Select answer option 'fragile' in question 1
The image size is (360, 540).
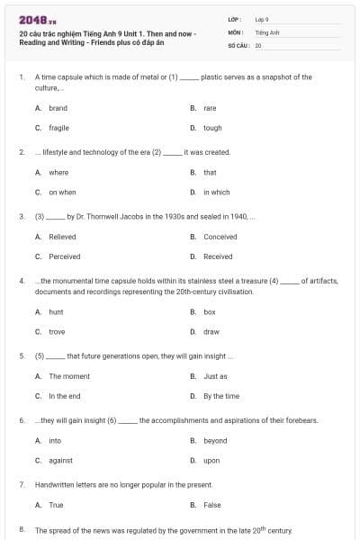pyautogui.click(x=58, y=128)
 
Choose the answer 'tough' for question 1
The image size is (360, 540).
pyautogui.click(x=212, y=128)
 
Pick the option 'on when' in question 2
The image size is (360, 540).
pyautogui.click(x=62, y=192)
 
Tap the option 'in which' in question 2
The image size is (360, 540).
pyautogui.click(x=216, y=192)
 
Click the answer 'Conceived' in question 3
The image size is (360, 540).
pyautogui.click(x=220, y=237)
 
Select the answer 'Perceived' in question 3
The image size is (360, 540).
pyautogui.click(x=65, y=256)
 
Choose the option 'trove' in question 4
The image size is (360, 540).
pyautogui.click(x=57, y=331)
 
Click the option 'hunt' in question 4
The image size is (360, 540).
pyautogui.click(x=56, y=311)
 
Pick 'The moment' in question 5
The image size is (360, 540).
pyautogui.click(x=69, y=376)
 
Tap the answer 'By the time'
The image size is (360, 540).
pyautogui.click(x=221, y=396)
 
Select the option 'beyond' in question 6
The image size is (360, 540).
pyautogui.click(x=215, y=440)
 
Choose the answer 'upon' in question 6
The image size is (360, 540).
pyautogui.click(x=211, y=460)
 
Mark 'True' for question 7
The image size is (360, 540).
pyautogui.click(x=56, y=505)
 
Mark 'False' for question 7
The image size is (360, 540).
pyautogui.click(x=212, y=505)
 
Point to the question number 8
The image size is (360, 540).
pyautogui.click(x=21, y=530)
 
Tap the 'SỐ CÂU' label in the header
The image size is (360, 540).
pyautogui.click(x=237, y=44)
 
